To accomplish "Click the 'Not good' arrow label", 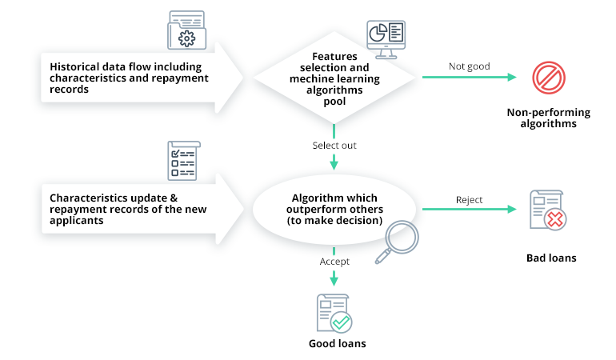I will [x=470, y=66].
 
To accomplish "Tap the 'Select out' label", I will [x=334, y=146].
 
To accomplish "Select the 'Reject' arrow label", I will [x=470, y=199].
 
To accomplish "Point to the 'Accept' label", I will [x=334, y=261].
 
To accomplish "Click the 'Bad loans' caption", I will [x=551, y=258].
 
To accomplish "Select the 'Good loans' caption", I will [x=337, y=344].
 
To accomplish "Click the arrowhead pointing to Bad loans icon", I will [x=513, y=210].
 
